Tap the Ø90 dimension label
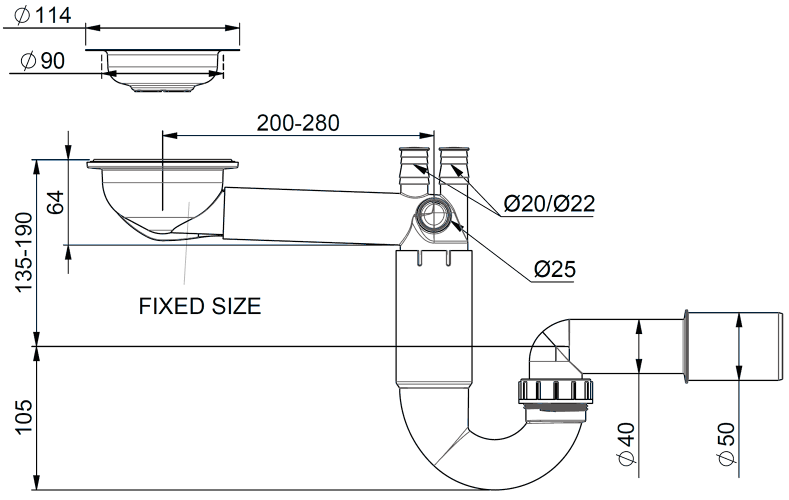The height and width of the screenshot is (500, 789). tap(43, 61)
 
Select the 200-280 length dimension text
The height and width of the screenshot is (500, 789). tap(298, 123)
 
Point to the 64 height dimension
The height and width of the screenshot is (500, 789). tap(55, 202)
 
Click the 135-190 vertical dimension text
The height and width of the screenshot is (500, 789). tap(24, 252)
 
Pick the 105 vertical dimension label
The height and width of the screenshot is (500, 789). tap(24, 417)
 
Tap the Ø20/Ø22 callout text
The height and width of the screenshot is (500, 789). tap(549, 204)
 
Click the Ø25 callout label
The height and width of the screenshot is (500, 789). tap(554, 269)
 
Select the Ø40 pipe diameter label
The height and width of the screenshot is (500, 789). tap(627, 443)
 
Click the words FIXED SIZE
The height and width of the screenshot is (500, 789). tap(199, 306)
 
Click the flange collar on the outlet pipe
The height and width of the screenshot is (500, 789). tap(686, 346)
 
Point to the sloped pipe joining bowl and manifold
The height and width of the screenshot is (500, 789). tap(310, 216)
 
